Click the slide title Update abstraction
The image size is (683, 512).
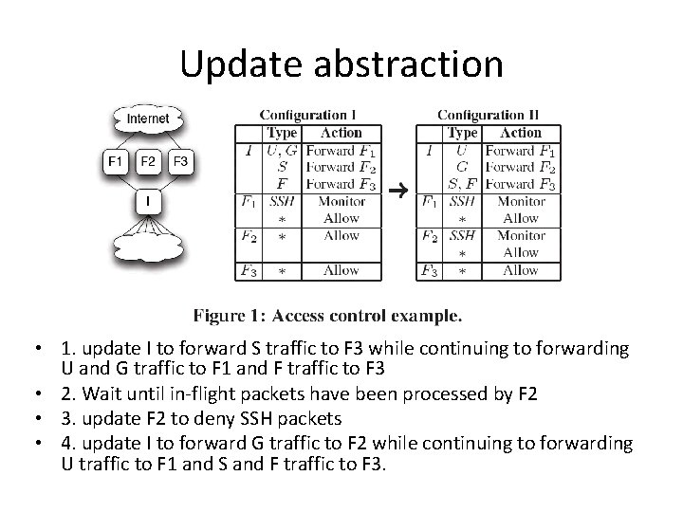coord(341,64)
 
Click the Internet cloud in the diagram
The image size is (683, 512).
coord(148,119)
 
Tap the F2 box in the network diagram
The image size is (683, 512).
coord(148,161)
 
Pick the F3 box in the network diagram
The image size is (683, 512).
coord(180,161)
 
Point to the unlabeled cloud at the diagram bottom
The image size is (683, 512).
coord(148,248)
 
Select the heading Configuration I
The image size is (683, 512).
coord(309,116)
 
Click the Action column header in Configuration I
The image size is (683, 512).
coord(341,133)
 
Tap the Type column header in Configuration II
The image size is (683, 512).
coord(462,133)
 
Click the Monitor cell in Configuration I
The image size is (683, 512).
coord(341,201)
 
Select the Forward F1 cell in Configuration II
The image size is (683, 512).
coord(521,150)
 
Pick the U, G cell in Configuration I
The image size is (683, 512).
coord(282,150)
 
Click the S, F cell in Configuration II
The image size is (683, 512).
coord(462,184)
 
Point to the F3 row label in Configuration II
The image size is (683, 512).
coord(430,271)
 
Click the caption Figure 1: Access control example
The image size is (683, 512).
coord(328,313)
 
